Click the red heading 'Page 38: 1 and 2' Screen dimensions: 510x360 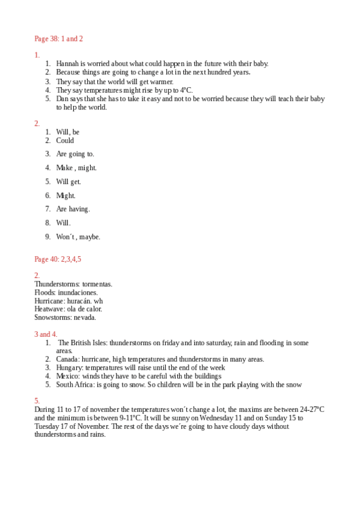(x=58, y=39)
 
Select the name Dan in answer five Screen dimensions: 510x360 (x=63, y=99)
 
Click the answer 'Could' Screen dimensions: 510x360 (x=65, y=141)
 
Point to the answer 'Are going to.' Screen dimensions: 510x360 (x=75, y=154)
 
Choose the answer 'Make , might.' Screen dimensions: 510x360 (x=76, y=168)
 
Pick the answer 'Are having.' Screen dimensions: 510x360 (x=73, y=209)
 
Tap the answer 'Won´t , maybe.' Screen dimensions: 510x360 (x=78, y=237)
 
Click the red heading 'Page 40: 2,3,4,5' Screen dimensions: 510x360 (x=58, y=259)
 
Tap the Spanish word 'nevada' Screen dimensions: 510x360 (x=84, y=318)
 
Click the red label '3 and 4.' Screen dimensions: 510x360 (x=46, y=334)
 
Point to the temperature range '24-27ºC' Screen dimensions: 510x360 (x=311, y=410)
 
